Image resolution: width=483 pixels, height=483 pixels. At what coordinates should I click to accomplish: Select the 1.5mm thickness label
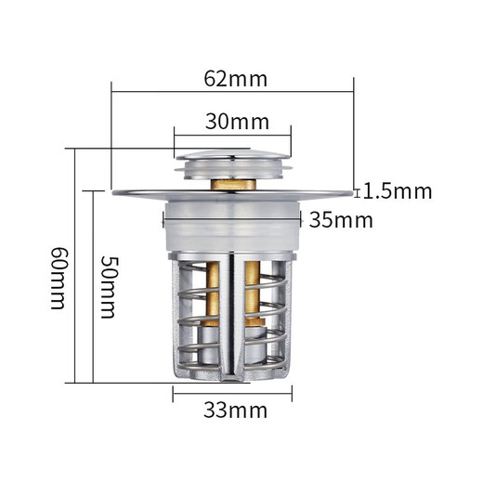tap(398, 191)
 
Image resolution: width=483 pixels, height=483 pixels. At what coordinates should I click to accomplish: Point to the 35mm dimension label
tap(341, 220)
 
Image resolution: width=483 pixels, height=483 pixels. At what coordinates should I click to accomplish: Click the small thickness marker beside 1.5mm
tap(358, 192)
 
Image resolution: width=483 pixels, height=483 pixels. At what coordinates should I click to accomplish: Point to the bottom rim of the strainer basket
tap(231, 375)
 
